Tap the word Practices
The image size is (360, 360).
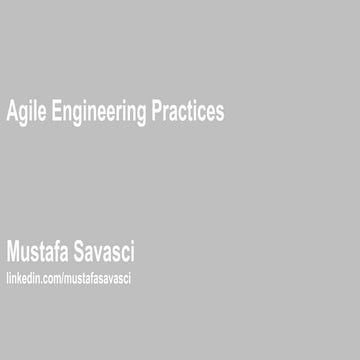(187, 112)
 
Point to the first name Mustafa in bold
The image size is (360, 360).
(40, 250)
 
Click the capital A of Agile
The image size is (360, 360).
(11, 111)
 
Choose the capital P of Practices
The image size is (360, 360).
(156, 111)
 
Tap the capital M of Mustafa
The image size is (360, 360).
(13, 250)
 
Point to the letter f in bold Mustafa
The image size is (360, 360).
(58, 249)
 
